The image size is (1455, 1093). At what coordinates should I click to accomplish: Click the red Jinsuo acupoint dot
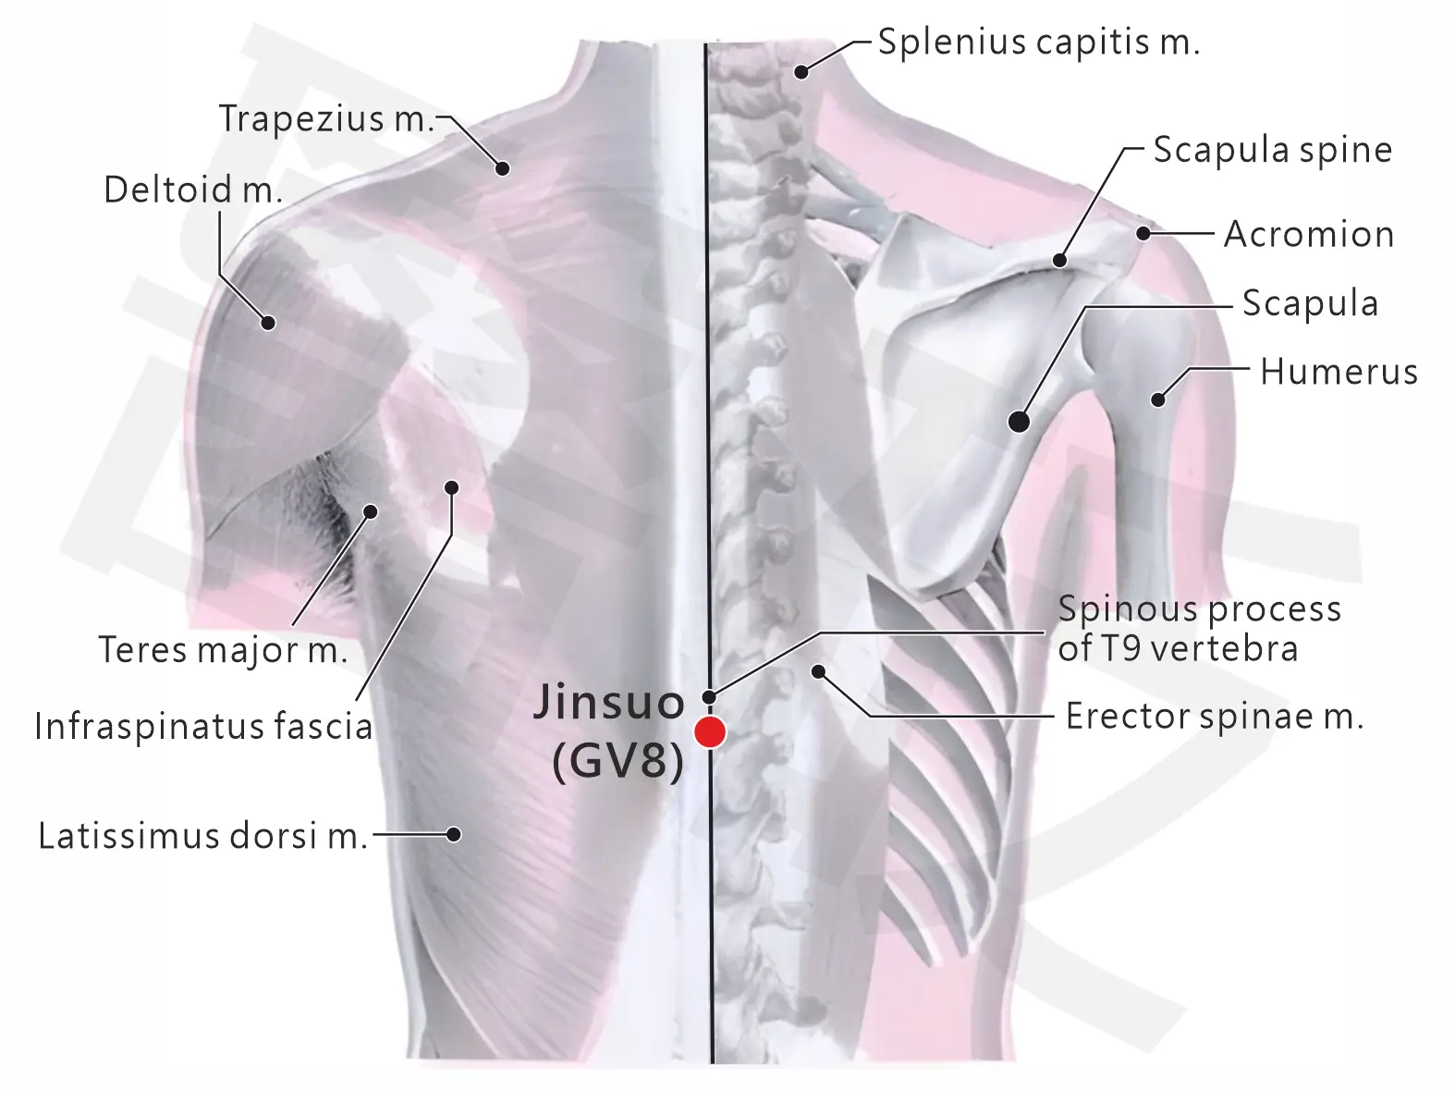pyautogui.click(x=710, y=731)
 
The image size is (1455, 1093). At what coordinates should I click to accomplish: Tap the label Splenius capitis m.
pyautogui.click(x=1039, y=43)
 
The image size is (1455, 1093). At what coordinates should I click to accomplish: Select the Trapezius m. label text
pyautogui.click(x=326, y=119)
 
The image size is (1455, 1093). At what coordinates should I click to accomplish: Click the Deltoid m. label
pyautogui.click(x=193, y=190)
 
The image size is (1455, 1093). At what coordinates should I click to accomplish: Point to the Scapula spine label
pyautogui.click(x=1273, y=150)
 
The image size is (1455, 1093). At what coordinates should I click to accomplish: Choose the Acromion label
pyautogui.click(x=1309, y=234)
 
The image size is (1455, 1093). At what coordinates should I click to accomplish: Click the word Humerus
pyautogui.click(x=1339, y=371)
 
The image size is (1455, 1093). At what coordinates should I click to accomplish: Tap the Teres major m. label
pyautogui.click(x=224, y=649)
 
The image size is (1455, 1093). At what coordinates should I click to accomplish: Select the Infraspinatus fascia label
pyautogui.click(x=204, y=726)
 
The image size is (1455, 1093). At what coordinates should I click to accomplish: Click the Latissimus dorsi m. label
pyautogui.click(x=202, y=835)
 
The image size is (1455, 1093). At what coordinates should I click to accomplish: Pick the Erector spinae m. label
pyautogui.click(x=1215, y=717)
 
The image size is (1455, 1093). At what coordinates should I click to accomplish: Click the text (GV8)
pyautogui.click(x=617, y=762)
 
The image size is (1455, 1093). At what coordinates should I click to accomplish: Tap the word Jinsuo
pyautogui.click(x=608, y=702)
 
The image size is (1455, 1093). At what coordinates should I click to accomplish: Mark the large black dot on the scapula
pyautogui.click(x=1019, y=422)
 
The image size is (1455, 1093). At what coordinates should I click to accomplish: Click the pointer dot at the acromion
pyautogui.click(x=1143, y=233)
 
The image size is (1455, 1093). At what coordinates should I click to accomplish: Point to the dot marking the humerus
pyautogui.click(x=1157, y=399)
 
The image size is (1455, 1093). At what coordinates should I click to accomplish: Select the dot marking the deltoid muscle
pyautogui.click(x=268, y=323)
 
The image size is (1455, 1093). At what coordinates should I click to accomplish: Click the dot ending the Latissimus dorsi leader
pyautogui.click(x=453, y=834)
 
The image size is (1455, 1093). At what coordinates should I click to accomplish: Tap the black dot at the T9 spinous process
pyautogui.click(x=709, y=697)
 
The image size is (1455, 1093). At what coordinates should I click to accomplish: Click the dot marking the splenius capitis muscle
pyautogui.click(x=801, y=71)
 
